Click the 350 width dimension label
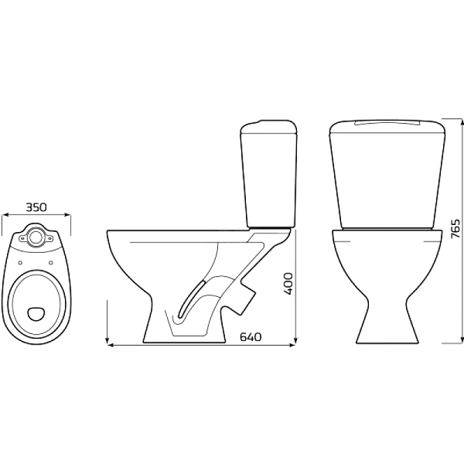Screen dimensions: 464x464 (36, 207)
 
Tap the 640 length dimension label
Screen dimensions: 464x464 (251, 336)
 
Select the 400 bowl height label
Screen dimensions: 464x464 (288, 284)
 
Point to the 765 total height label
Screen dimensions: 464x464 (455, 229)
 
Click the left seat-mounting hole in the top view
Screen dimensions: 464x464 (20, 262)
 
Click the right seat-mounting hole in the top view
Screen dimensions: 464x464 (51, 262)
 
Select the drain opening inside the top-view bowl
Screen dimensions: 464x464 (36, 314)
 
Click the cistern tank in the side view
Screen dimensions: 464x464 (268, 174)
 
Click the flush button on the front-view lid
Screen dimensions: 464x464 (387, 123)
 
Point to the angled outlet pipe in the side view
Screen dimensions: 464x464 (242, 299)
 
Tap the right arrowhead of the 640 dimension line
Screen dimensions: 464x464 (293, 345)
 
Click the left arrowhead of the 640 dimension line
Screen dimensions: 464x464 (110, 345)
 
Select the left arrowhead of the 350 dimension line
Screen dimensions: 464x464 (5, 215)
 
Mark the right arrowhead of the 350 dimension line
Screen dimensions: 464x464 (68, 215)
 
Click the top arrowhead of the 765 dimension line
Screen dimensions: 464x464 (461, 121)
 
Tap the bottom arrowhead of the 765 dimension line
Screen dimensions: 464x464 (461, 340)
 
